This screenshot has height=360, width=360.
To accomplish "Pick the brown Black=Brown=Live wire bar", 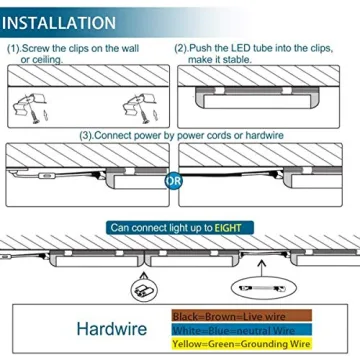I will coord(235,313).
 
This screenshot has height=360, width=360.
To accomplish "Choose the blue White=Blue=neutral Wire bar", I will coord(235,328).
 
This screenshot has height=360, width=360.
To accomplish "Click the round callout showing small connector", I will coord(140,291).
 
